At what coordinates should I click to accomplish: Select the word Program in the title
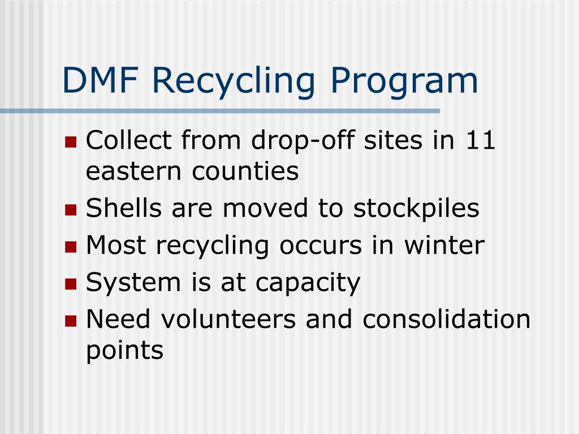[x=404, y=81]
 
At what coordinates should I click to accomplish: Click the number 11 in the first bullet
[x=480, y=140]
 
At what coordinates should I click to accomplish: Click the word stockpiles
[x=416, y=209]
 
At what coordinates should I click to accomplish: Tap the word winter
[x=444, y=245]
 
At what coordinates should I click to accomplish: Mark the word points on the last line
[x=124, y=351]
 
